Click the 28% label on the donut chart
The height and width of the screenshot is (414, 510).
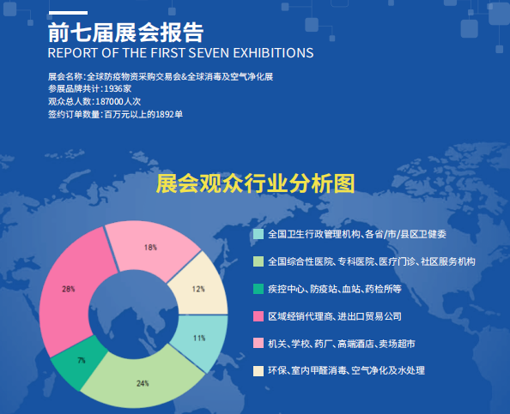coord(69,289)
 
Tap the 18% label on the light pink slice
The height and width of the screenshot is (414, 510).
coord(150,248)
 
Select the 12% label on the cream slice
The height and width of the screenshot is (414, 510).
coord(198,289)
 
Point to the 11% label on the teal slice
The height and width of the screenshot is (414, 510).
coord(199,339)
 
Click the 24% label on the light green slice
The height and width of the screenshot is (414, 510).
coord(143,383)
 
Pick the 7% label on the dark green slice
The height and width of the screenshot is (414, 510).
coord(82,360)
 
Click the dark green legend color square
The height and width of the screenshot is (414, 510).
coord(258,289)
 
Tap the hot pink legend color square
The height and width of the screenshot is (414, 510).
coord(258,316)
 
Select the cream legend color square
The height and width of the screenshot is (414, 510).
coord(258,371)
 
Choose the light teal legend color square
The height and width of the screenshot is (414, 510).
coord(258,234)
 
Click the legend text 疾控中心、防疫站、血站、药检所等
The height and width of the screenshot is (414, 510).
coord(335,289)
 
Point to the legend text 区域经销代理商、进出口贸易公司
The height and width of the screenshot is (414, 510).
coord(335,316)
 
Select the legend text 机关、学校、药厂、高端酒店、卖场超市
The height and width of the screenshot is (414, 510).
coord(342,344)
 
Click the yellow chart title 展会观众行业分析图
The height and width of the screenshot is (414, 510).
coord(255,183)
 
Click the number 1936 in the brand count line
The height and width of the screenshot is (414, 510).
coord(113,88)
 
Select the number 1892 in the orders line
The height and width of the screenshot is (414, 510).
coord(165,114)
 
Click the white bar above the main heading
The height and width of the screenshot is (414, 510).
coord(68,13)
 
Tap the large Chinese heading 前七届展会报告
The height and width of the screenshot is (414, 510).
coord(126,33)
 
